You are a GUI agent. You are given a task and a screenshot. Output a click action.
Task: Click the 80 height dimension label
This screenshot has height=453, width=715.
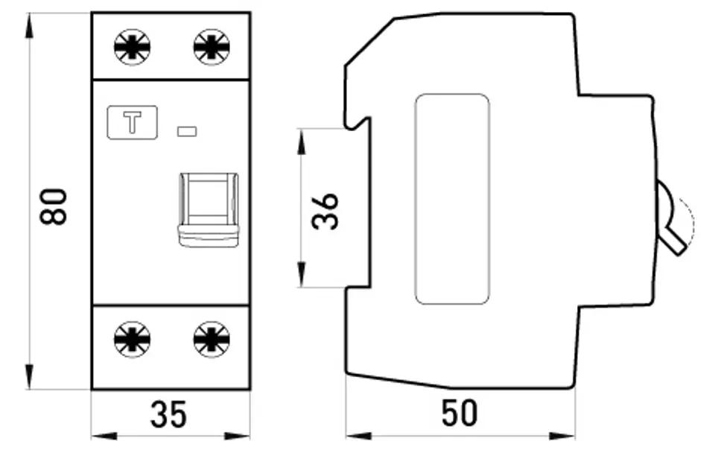click(x=54, y=206)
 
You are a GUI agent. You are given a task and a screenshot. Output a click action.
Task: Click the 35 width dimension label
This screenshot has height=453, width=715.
click(x=169, y=414)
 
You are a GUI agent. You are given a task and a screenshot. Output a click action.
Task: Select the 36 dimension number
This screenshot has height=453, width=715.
click(x=325, y=211)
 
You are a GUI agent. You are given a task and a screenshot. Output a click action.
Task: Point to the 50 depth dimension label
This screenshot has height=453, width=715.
click(x=460, y=413)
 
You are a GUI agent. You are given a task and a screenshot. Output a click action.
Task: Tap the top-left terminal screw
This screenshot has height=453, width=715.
click(x=133, y=47)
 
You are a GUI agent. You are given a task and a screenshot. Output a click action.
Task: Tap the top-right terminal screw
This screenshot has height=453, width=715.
click(x=212, y=47)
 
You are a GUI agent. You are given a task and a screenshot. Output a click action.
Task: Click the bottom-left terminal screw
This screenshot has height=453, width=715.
click(x=133, y=340)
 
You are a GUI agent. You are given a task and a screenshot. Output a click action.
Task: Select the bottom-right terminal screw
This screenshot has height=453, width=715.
click(x=212, y=340)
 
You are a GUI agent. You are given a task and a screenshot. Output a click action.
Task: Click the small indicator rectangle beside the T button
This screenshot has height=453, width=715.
click(x=187, y=132)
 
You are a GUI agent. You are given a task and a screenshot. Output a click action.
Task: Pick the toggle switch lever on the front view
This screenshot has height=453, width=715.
click(x=209, y=210)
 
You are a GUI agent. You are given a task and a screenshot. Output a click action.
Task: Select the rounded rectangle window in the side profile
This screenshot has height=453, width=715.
click(x=452, y=200)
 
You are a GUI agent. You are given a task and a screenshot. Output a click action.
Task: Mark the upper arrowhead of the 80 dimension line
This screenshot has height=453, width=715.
click(x=30, y=25)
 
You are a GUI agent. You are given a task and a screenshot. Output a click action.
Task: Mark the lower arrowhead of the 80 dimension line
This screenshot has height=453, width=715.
click(x=30, y=377)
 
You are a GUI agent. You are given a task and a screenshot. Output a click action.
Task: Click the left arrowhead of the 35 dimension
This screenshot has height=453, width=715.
click(x=104, y=437)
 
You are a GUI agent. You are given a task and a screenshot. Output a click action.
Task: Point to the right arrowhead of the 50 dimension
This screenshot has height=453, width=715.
click(x=562, y=437)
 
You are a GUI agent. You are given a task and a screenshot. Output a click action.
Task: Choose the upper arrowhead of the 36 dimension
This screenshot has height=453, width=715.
click(x=301, y=142)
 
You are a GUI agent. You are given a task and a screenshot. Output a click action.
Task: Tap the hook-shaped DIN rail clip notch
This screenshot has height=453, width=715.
click(x=357, y=122)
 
